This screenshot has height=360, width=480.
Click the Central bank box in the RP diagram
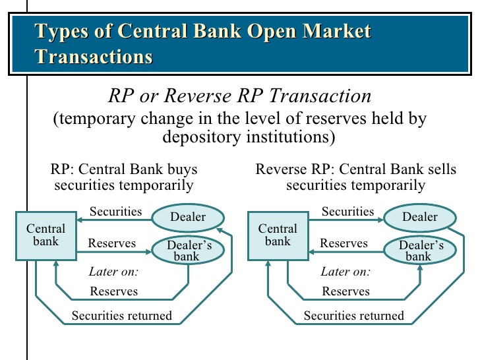point(46,235)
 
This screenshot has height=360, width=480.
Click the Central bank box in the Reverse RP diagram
point(278,235)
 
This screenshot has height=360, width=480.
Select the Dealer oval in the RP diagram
point(188,217)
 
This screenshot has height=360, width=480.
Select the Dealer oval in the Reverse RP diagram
point(420,217)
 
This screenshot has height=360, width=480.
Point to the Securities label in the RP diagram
point(115,212)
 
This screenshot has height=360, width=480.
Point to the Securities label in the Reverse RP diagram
point(347,212)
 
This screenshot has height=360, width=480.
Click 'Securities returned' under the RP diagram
point(121,316)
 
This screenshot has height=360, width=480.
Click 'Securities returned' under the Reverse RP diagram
point(353,316)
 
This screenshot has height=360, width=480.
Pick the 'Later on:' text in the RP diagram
point(113,272)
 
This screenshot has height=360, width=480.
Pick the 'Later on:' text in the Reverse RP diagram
point(345,272)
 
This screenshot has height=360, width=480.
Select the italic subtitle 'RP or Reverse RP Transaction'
point(239,96)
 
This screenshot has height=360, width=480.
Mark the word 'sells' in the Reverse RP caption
point(440,169)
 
